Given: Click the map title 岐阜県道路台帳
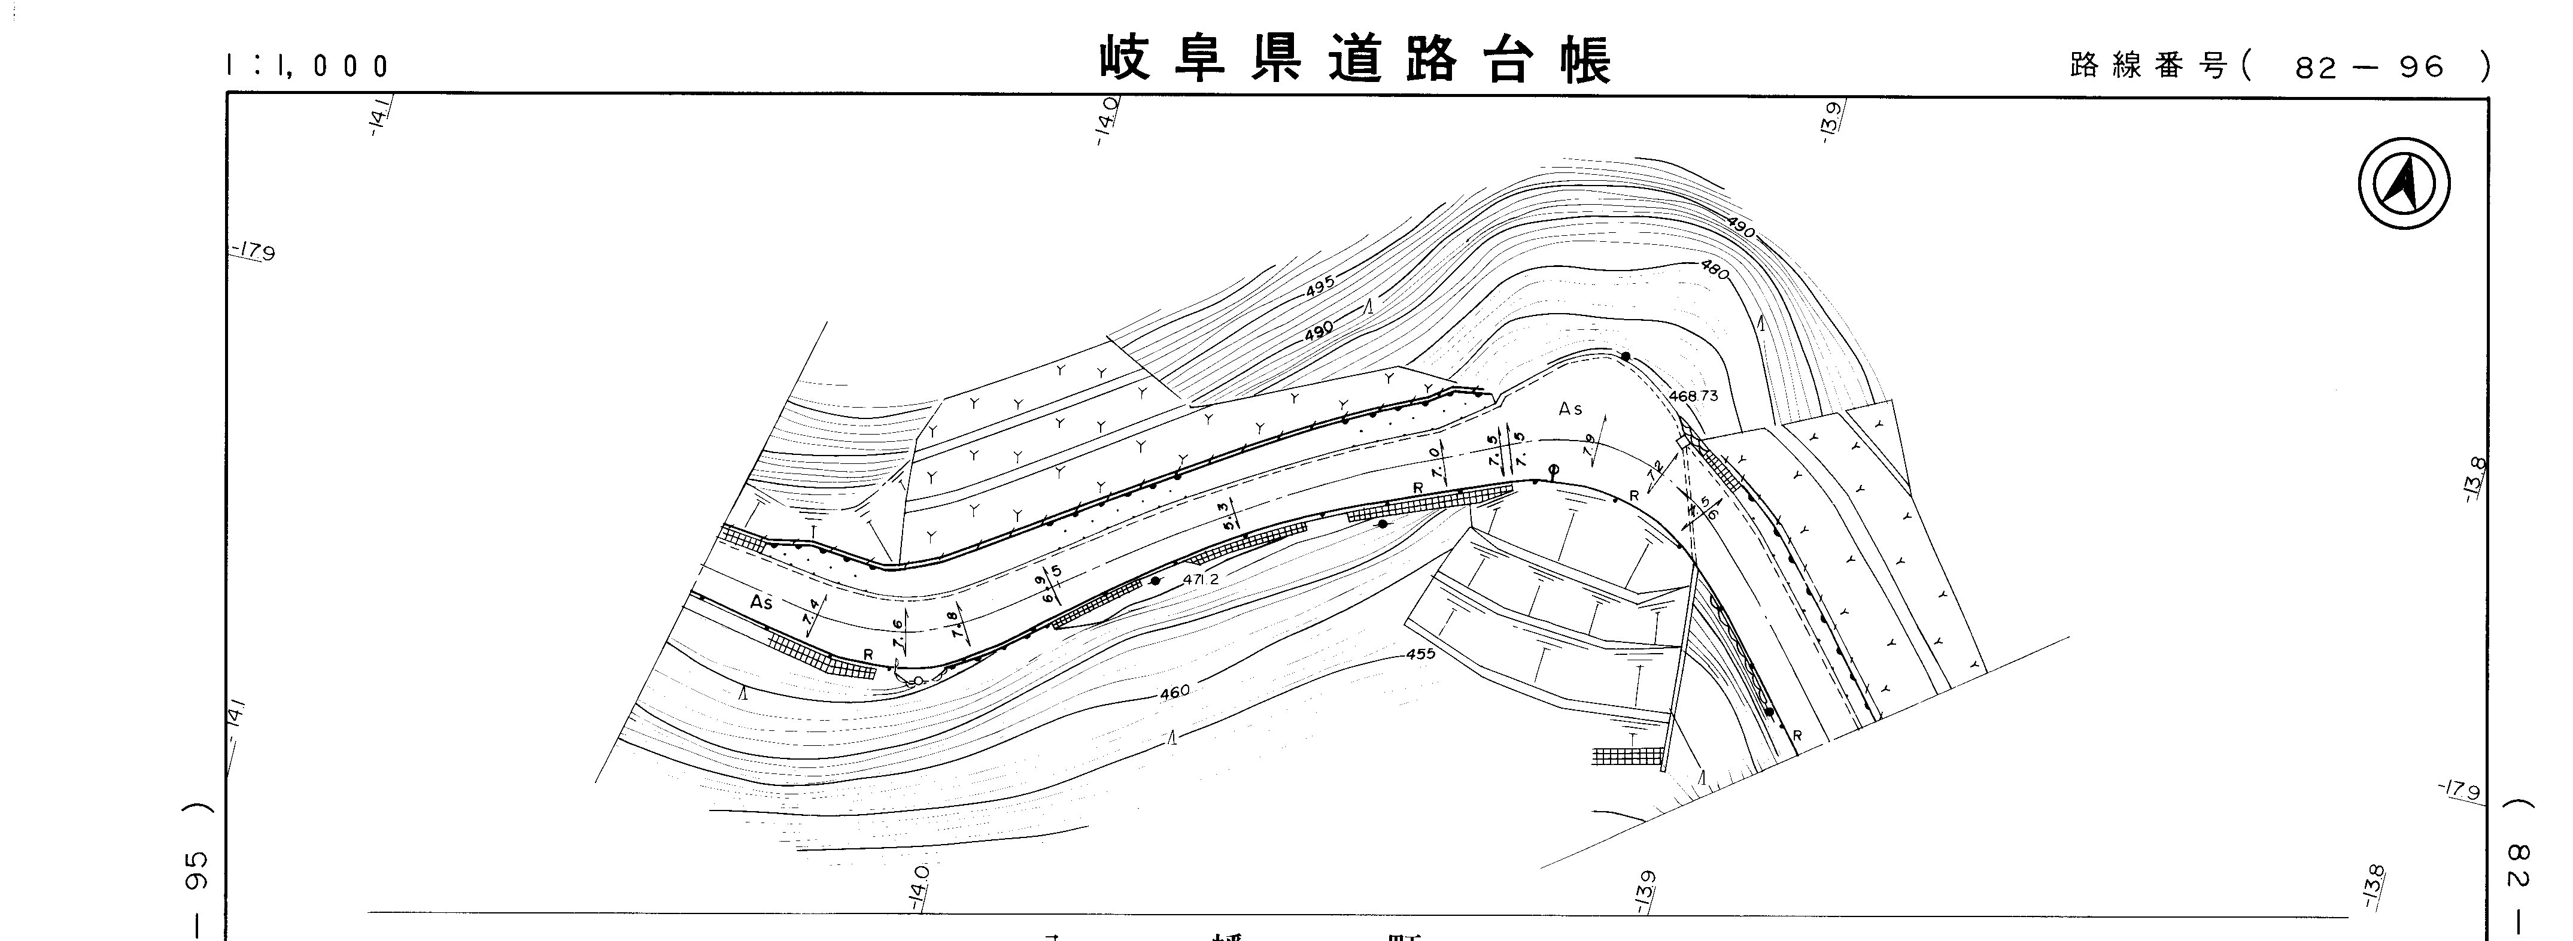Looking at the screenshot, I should pyautogui.click(x=1356, y=61).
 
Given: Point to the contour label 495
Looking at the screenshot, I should pyautogui.click(x=1320, y=289).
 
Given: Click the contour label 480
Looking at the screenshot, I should pyautogui.click(x=1715, y=270).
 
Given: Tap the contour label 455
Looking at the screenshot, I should pyautogui.click(x=1419, y=654).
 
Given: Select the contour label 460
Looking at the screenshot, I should pyautogui.click(x=1175, y=691).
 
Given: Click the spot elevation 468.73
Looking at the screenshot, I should pyautogui.click(x=1694, y=396).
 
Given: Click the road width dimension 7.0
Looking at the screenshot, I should pyautogui.click(x=1436, y=463).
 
